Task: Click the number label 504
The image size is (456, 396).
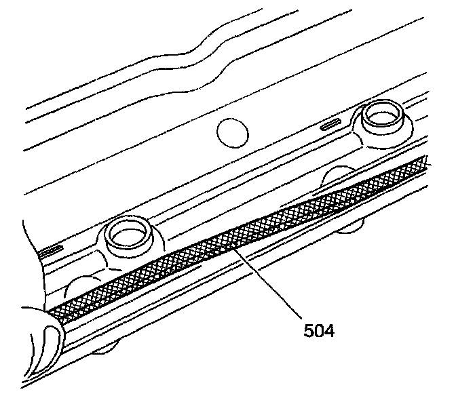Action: [x=319, y=332]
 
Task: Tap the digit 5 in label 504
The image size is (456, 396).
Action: [x=309, y=332]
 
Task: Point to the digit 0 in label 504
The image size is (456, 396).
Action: [x=319, y=332]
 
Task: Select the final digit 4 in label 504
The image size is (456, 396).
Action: [x=329, y=332]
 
